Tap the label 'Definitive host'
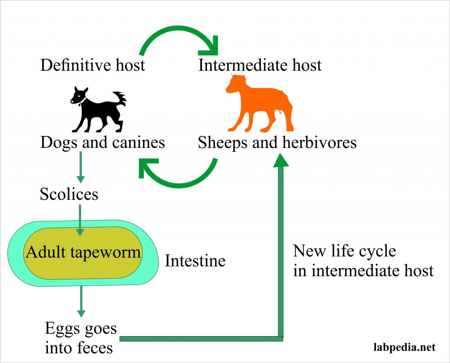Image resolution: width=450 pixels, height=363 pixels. pyautogui.click(x=93, y=66)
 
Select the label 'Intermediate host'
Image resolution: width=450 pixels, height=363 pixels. pyautogui.click(x=260, y=66)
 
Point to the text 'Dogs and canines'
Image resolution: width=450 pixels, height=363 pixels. pyautogui.click(x=102, y=143)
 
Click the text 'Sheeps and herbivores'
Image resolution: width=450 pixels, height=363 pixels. pyautogui.click(x=277, y=143)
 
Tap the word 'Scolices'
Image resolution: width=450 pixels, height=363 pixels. pyautogui.click(x=69, y=194)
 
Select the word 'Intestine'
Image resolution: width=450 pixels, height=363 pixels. pyautogui.click(x=195, y=261)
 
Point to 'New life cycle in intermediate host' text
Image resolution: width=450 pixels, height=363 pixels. pyautogui.click(x=363, y=260)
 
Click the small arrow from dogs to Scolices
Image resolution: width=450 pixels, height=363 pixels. pyautogui.click(x=80, y=167)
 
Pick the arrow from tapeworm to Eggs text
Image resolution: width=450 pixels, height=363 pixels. pyautogui.click(x=80, y=302)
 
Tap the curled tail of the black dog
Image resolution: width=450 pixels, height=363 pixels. pyautogui.click(x=120, y=99)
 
